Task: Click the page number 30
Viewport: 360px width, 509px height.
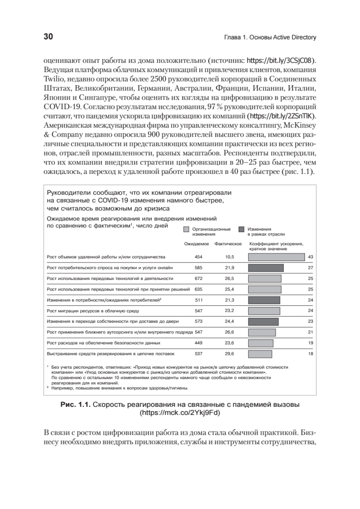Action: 48,37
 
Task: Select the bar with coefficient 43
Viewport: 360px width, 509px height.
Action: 276,257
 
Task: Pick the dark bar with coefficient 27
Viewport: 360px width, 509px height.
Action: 265,268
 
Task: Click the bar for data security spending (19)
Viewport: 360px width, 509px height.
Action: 260,343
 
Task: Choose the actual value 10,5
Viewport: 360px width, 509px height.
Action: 230,257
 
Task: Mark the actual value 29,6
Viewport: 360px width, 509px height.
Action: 230,353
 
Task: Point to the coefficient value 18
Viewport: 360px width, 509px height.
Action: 310,353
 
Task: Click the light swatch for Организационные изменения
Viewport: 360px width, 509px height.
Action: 186,229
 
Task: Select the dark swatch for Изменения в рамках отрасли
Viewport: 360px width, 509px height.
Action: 241,229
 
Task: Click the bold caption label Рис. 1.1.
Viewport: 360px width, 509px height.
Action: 76,405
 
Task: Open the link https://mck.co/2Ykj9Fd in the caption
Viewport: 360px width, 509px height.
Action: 181,412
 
